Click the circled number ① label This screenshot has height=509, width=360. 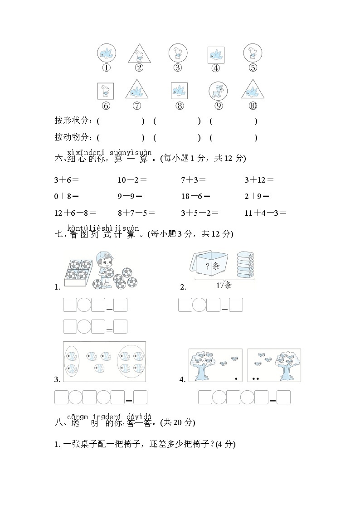pyautogui.click(x=106, y=68)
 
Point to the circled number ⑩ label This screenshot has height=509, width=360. pyautogui.click(x=253, y=106)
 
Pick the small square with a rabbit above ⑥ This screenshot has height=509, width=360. pyautogui.click(x=106, y=91)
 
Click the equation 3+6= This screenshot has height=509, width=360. pyautogui.click(x=66, y=179)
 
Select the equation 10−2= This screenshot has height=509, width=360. pyautogui.click(x=132, y=179)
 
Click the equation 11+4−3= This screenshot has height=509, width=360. pyautogui.click(x=265, y=213)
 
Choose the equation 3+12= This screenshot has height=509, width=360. pyautogui.click(x=259, y=179)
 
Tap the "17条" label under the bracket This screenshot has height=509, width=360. pyautogui.click(x=224, y=285)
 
